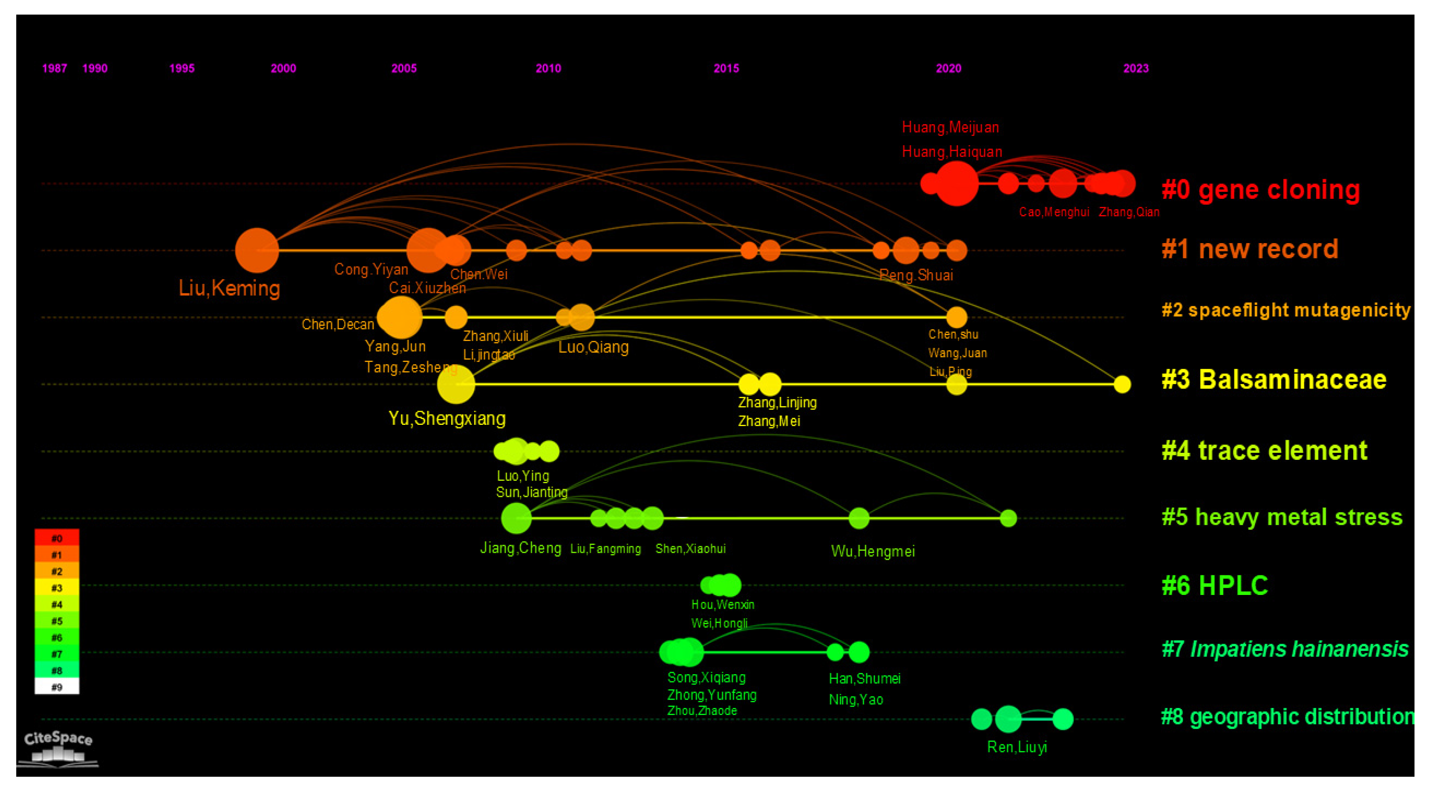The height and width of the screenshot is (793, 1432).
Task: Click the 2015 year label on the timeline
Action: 726,68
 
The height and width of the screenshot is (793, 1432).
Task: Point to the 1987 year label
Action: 55,68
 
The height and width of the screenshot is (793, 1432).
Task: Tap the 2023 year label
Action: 1135,68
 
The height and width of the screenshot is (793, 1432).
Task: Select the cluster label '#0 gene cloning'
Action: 1260,190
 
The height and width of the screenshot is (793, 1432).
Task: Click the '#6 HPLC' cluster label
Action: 1215,585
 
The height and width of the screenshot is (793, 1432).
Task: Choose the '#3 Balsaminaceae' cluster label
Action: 1274,380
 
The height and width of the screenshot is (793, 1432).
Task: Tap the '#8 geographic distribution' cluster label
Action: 1287,717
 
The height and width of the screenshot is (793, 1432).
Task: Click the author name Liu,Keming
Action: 229,288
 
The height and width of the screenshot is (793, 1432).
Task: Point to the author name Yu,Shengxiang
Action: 447,418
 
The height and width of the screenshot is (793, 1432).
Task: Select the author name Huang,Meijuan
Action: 950,127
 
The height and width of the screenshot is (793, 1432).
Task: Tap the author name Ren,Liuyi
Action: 1017,747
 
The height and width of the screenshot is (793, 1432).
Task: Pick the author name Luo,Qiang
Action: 593,347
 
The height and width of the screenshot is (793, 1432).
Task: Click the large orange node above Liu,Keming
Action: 257,250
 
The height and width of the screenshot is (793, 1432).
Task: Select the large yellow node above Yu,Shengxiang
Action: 456,384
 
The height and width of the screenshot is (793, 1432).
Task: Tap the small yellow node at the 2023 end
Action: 1122,384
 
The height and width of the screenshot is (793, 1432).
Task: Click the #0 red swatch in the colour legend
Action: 57,538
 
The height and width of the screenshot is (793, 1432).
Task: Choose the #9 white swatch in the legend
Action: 57,687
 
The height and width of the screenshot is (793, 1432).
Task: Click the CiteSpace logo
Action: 58,748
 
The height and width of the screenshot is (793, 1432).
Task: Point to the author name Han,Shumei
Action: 865,678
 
